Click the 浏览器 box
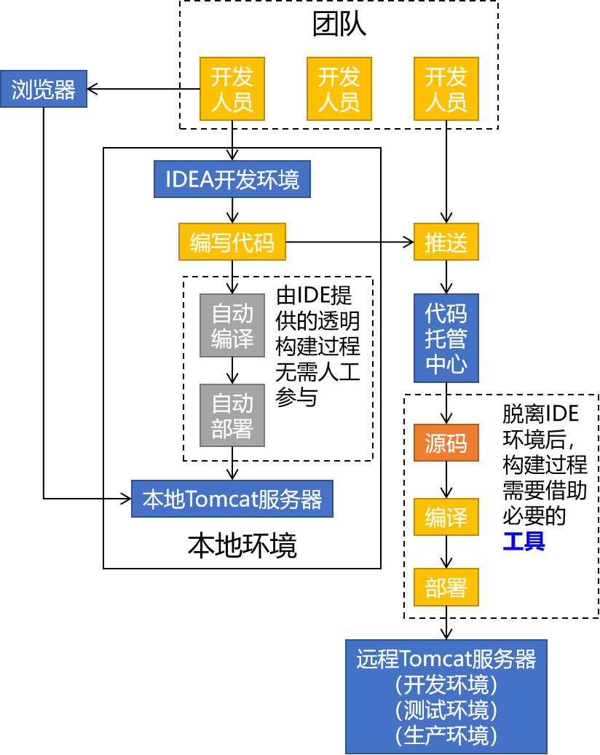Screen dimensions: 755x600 click(44, 89)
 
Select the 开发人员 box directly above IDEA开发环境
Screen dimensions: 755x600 click(232, 89)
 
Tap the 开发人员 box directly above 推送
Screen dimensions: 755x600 click(446, 89)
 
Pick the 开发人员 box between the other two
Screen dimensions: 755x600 click(339, 89)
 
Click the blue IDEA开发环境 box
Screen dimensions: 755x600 click(232, 179)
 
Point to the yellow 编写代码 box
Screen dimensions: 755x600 click(232, 242)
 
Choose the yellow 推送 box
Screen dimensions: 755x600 click(446, 242)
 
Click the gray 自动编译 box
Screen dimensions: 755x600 click(232, 325)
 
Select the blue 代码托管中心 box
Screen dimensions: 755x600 click(446, 338)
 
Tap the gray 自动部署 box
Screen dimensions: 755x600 click(232, 415)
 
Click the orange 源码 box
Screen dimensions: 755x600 click(446, 443)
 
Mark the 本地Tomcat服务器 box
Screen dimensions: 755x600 click(232, 499)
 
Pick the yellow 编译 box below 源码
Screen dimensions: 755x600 click(446, 517)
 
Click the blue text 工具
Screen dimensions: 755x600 click(524, 541)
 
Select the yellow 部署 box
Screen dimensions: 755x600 click(446, 587)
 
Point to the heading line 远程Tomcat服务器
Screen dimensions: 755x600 click(446, 659)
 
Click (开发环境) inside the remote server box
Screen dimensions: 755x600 click(446, 684)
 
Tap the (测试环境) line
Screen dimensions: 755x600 click(446, 710)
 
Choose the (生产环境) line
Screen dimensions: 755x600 click(446, 735)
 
